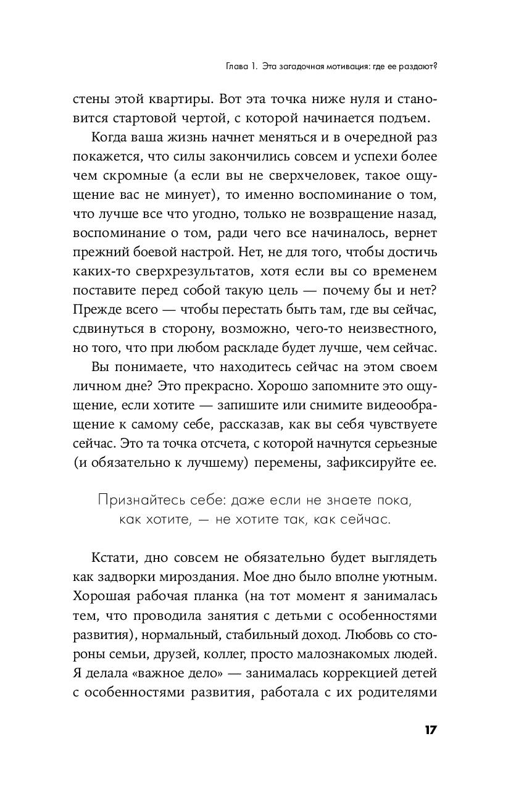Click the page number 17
pyautogui.click(x=430, y=730)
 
